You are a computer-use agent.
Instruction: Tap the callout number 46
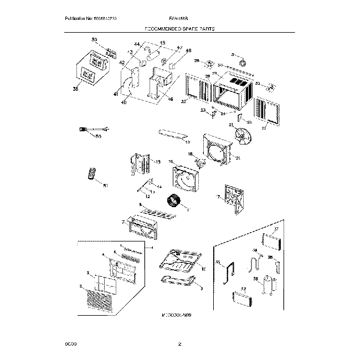170,99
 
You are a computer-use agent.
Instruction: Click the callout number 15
158,162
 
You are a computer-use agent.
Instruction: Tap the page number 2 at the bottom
179,344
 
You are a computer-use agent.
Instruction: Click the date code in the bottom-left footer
70,344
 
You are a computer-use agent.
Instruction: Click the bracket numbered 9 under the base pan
178,282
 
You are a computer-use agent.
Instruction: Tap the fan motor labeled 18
200,161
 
